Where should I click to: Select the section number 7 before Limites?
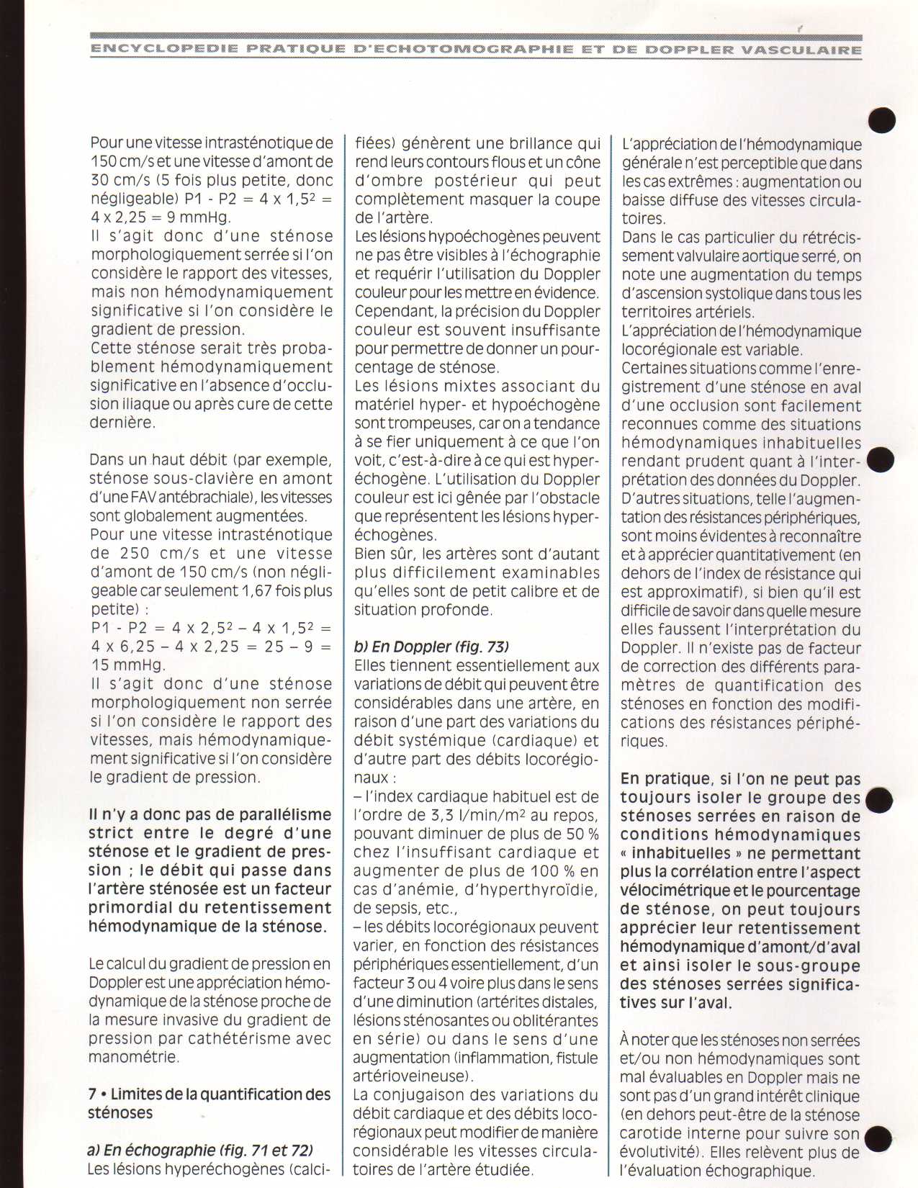pos(93,1094)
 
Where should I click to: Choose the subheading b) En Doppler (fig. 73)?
pos(432,647)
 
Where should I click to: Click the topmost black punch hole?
pos(882,120)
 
